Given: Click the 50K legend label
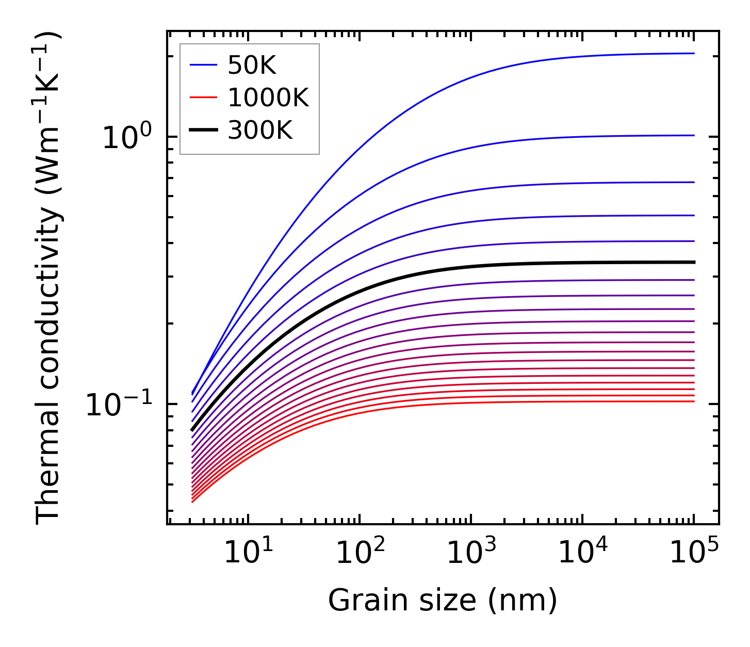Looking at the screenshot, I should point(252,66).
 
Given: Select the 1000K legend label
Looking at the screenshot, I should point(268,98).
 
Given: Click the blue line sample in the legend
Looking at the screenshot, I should point(204,65).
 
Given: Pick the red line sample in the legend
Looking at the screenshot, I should point(204,98).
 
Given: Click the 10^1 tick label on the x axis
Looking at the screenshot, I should point(248,554).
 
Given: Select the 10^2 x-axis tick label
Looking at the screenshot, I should point(360,554).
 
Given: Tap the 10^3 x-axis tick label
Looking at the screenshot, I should point(471,554).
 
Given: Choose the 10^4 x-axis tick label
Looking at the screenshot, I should point(583,554).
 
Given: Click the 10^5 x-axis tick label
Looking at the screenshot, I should point(694,554).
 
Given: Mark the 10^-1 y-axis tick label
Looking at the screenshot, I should point(118,405).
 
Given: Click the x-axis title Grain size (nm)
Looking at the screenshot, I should point(443,601).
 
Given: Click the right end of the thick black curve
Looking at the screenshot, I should point(693,262).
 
